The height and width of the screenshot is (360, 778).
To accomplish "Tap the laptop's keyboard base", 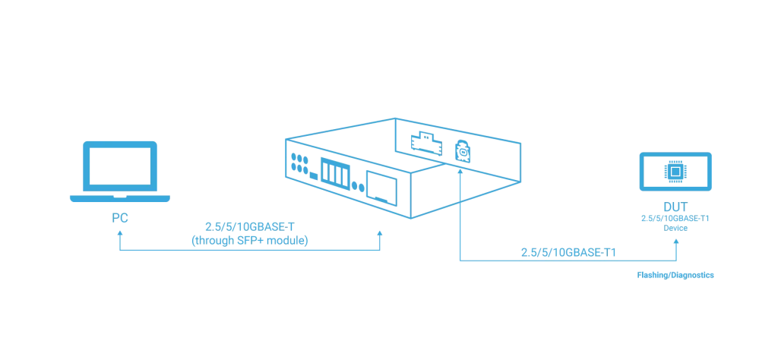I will [x=120, y=200].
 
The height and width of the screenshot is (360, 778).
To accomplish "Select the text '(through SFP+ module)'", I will [x=249, y=241].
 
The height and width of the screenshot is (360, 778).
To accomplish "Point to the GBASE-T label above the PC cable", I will [x=249, y=226].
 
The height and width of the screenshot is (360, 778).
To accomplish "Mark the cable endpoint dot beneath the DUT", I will [x=674, y=244].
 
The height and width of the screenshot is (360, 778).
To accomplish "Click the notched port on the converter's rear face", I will [x=422, y=141].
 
